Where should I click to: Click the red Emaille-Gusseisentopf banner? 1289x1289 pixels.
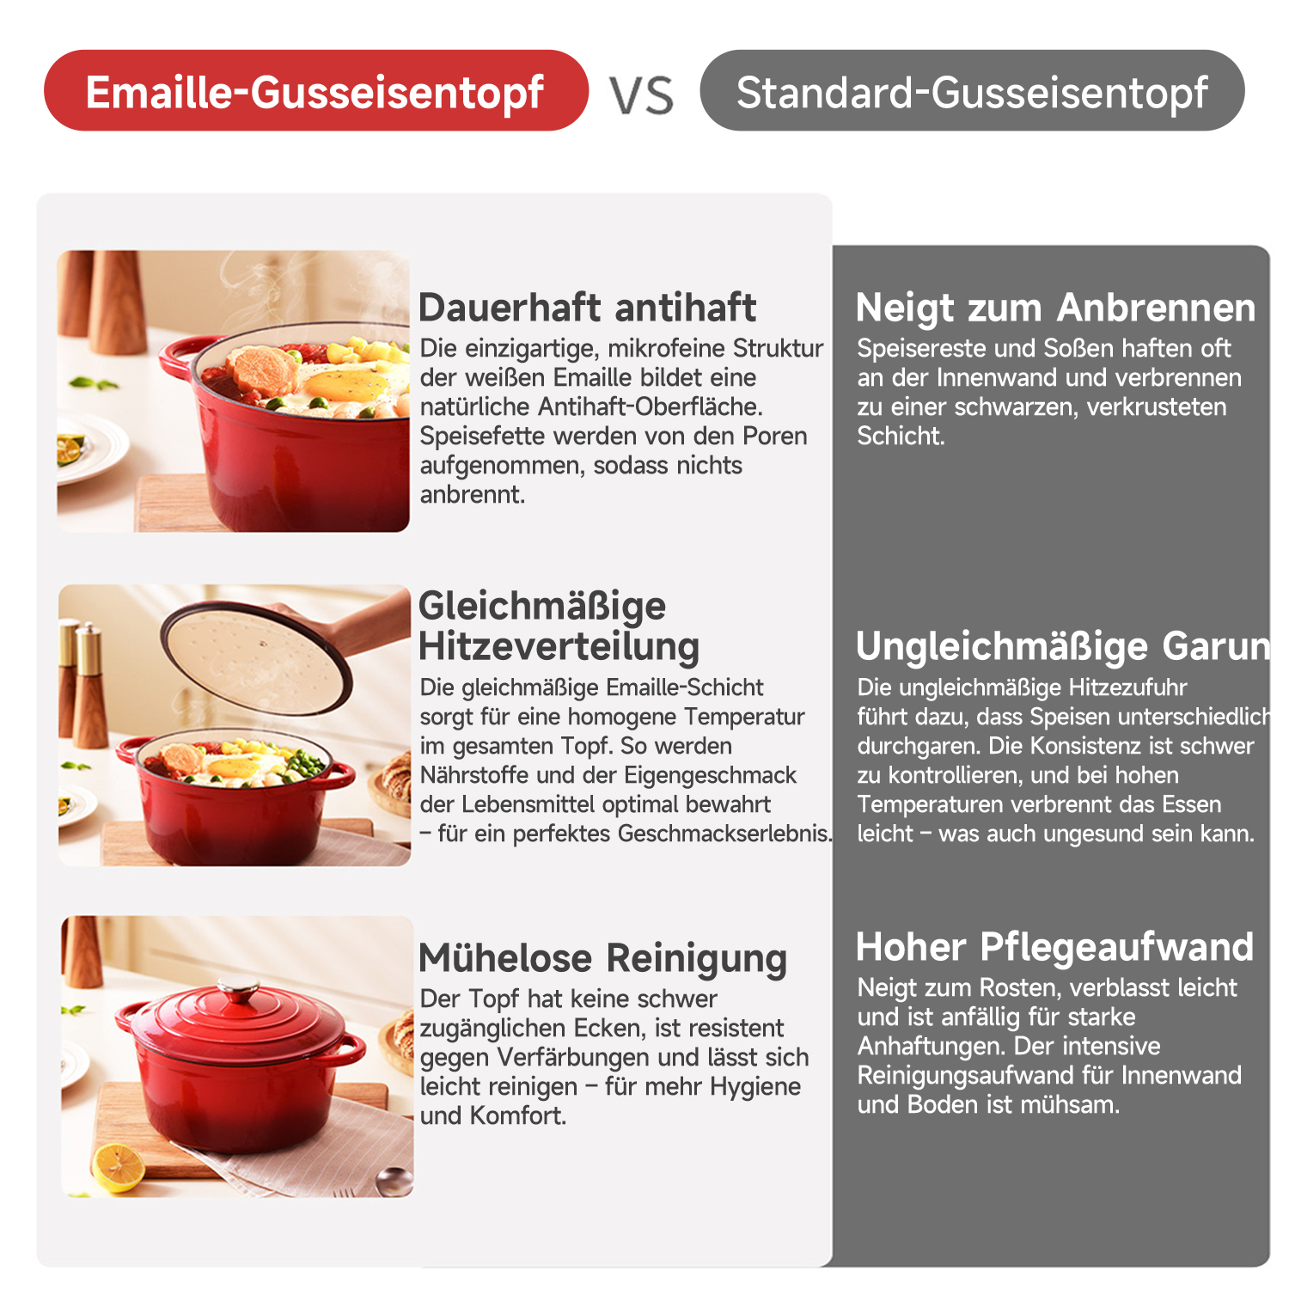(316, 90)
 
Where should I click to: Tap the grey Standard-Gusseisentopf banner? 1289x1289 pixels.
(972, 90)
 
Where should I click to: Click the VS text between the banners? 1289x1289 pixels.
(642, 95)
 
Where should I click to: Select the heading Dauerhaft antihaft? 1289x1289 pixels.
(587, 307)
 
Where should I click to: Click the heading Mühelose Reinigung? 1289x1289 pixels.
(602, 958)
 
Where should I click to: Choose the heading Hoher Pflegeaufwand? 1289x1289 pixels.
(1054, 947)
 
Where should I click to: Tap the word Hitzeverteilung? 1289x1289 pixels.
(559, 647)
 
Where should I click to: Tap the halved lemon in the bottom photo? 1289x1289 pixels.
(119, 1165)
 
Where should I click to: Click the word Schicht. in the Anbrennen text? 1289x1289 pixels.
(901, 436)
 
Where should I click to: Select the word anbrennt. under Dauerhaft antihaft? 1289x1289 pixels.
(472, 495)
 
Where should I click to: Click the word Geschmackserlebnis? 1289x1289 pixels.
(724, 834)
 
